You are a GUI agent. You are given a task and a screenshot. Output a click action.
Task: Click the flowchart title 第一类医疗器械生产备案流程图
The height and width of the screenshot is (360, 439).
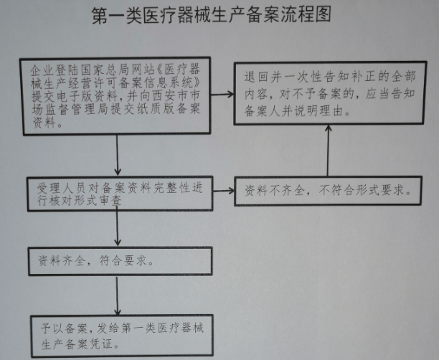point(212,14)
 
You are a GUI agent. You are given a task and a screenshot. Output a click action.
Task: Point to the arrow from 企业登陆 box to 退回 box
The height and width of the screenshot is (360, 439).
point(222,95)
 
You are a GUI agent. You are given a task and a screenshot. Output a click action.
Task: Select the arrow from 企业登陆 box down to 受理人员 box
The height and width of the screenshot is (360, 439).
point(118,156)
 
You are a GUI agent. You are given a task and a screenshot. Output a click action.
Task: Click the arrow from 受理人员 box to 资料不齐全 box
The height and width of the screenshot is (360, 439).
point(224,191)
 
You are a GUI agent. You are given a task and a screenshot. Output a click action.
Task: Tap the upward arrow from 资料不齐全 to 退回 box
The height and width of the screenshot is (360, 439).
point(328,151)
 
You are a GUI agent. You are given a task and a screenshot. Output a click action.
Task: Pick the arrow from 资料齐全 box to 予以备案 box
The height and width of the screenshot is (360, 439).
point(118,295)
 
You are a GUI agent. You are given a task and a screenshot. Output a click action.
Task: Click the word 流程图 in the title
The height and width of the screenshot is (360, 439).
point(306,14)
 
